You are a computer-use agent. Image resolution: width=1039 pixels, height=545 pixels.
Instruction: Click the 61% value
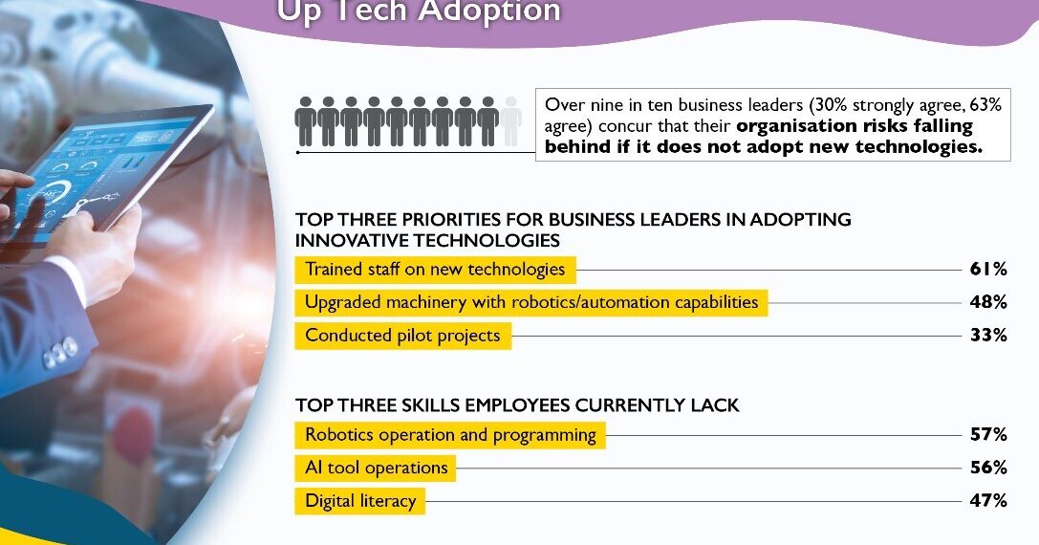tap(988, 270)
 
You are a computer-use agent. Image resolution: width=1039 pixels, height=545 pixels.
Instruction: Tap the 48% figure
tap(988, 303)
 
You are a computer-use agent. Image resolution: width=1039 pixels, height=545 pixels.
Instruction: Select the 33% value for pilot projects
tap(988, 336)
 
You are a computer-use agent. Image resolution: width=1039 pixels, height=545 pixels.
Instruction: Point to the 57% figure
tap(988, 435)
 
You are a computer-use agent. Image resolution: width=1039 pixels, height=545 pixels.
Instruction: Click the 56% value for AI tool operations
tap(988, 468)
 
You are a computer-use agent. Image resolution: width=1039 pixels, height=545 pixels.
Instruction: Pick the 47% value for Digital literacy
tap(988, 501)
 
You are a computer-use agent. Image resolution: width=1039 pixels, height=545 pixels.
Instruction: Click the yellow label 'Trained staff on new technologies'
tap(435, 270)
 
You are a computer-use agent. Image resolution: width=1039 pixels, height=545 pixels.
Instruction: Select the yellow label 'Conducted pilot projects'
tap(402, 336)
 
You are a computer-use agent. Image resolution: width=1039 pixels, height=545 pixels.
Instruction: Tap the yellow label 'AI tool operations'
tap(376, 468)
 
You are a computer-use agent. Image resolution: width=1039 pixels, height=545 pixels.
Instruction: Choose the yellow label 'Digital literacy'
tap(360, 501)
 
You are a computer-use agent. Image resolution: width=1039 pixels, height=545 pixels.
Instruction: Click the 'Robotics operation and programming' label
tap(450, 435)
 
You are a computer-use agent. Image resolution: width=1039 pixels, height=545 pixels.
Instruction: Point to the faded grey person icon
tap(511, 121)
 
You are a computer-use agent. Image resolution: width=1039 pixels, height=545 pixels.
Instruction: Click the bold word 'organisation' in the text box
tap(793, 126)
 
